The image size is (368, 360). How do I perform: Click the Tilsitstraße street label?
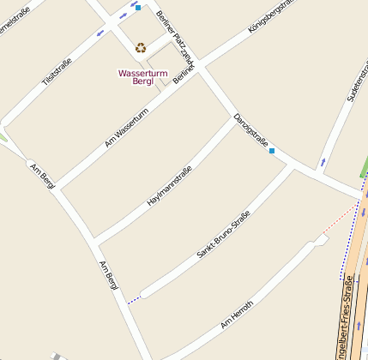tap(57, 69)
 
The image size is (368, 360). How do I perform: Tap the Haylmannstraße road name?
tap(169, 186)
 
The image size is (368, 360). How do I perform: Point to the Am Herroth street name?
tap(237, 315)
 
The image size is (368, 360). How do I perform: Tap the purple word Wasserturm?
tap(142, 73)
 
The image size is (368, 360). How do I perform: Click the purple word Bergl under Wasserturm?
tap(142, 81)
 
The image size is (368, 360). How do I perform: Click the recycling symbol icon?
tap(141, 48)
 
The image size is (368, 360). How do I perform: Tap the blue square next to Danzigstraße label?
tap(272, 151)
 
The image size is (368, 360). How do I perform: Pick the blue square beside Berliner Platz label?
tap(137, 7)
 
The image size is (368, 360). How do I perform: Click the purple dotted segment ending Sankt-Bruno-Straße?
tap(133, 300)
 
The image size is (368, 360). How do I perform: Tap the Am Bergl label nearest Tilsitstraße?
tap(42, 174)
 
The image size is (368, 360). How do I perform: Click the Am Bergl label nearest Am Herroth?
tap(108, 274)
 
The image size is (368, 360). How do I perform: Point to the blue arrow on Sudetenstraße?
tap(323, 161)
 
